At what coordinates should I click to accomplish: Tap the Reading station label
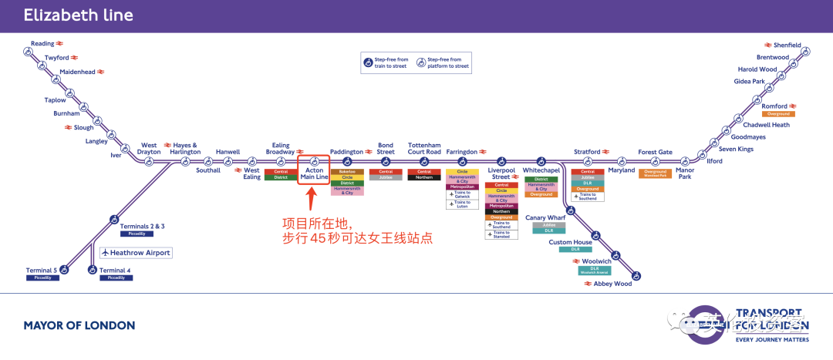coord(42,44)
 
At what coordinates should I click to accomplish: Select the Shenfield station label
coord(787,45)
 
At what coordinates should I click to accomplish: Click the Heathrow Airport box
coord(136,253)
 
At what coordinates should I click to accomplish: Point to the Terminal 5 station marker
coord(64,270)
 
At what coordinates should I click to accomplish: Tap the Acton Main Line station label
coord(314,173)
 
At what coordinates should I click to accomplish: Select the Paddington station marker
coord(347,162)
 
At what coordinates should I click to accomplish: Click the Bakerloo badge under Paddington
coord(347,171)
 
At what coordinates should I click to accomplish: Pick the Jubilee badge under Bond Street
coord(386,177)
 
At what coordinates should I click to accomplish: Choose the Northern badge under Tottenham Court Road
coord(424,177)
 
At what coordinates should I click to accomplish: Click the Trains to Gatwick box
coord(463,194)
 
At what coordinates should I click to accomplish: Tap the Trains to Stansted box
coord(501,234)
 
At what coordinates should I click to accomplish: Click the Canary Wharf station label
coord(546,217)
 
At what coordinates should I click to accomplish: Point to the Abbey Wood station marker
coord(636,274)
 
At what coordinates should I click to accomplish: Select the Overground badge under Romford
coord(777,114)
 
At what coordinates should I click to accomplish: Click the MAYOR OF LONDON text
coord(79,325)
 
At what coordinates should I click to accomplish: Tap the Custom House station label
coord(571,242)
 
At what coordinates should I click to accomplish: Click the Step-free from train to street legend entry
coord(388,63)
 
